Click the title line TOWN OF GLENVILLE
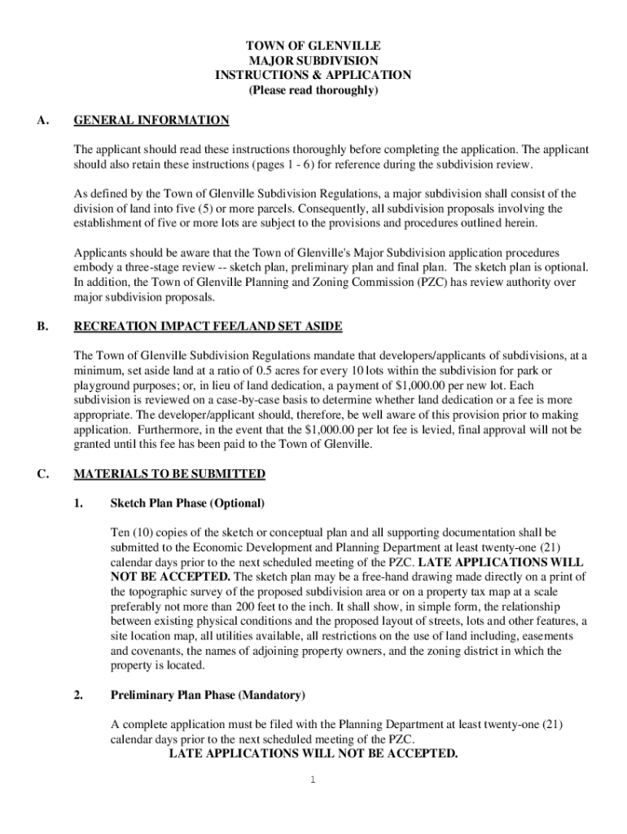pos(313,46)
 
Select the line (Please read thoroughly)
pos(313,90)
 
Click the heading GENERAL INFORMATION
pos(151,121)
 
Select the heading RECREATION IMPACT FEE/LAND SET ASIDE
pos(208,327)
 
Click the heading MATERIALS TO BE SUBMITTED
pos(169,473)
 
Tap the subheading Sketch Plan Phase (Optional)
pos(187,503)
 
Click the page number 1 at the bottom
pos(313,780)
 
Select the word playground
pos(104,385)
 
